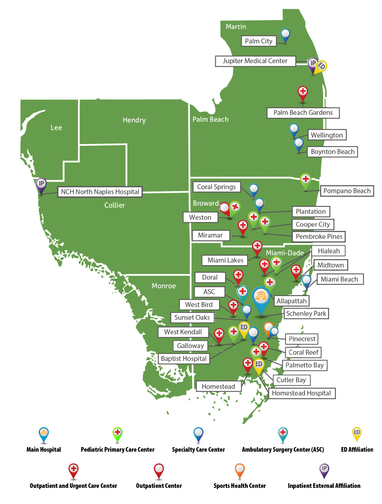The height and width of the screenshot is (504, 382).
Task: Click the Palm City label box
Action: click(x=259, y=41)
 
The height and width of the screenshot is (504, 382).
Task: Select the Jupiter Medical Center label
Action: click(x=255, y=61)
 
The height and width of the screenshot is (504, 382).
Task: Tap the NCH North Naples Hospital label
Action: click(x=100, y=192)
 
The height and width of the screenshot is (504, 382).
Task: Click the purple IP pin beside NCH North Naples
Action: click(x=41, y=185)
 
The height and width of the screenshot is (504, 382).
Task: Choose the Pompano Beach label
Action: click(x=347, y=191)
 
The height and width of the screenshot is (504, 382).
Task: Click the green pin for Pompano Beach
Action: click(x=306, y=181)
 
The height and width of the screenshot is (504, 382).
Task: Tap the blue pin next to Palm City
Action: click(x=285, y=35)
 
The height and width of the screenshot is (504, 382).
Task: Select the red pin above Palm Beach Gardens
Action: click(x=303, y=92)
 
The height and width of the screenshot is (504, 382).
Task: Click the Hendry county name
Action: click(x=134, y=120)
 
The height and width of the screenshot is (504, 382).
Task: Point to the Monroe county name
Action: click(x=164, y=286)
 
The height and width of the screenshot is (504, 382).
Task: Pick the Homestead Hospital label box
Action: click(x=301, y=393)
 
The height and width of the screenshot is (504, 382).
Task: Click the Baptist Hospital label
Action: click(x=184, y=359)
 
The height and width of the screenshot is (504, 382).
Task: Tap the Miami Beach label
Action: click(x=339, y=279)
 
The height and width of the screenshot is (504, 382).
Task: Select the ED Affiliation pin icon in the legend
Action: click(x=357, y=434)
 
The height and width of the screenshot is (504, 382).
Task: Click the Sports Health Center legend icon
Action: click(x=240, y=470)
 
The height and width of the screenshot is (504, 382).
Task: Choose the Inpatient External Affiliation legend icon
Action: click(x=324, y=470)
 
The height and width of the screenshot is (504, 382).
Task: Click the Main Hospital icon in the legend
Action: click(x=44, y=434)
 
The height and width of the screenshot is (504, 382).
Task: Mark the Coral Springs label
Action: click(x=216, y=187)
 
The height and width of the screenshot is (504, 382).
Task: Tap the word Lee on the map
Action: click(x=56, y=128)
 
